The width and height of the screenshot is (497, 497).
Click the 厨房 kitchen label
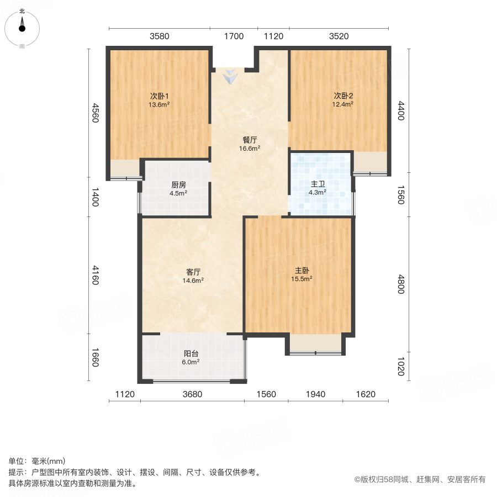178,185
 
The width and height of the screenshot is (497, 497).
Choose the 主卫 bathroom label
317,184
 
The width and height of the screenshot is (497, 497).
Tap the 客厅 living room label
193,272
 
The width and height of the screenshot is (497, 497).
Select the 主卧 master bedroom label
302,271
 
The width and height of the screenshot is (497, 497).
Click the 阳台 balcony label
191,354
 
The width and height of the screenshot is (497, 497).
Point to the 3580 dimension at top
160,36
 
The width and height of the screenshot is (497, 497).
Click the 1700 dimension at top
234,36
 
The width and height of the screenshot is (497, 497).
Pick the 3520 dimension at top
339,36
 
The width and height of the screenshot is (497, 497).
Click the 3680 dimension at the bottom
193,394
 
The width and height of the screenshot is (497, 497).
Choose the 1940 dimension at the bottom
315,394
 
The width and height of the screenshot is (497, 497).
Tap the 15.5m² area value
302,279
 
